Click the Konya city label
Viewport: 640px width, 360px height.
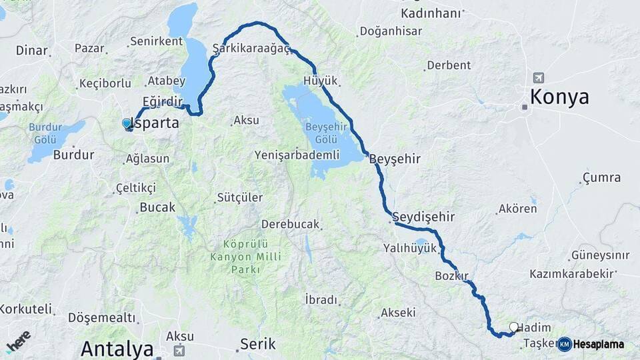click(559, 97)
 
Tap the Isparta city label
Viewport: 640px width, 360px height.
click(156, 123)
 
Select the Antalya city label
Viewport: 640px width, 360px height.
click(117, 349)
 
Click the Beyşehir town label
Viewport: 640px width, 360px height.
click(395, 159)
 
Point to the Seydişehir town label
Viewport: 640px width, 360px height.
click(423, 217)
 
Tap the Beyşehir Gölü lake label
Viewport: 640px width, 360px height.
click(322, 133)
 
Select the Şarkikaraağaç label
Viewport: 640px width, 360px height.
click(251, 49)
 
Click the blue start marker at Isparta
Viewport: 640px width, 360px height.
click(127, 123)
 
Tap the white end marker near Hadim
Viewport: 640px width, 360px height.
click(513, 327)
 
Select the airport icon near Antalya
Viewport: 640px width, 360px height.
click(179, 350)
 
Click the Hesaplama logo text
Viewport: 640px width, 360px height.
click(599, 345)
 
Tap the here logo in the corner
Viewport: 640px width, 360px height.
click(19, 341)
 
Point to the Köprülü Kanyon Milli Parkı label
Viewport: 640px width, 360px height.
click(246, 257)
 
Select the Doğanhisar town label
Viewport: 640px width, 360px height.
click(390, 31)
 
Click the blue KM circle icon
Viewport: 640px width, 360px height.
click(565, 344)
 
